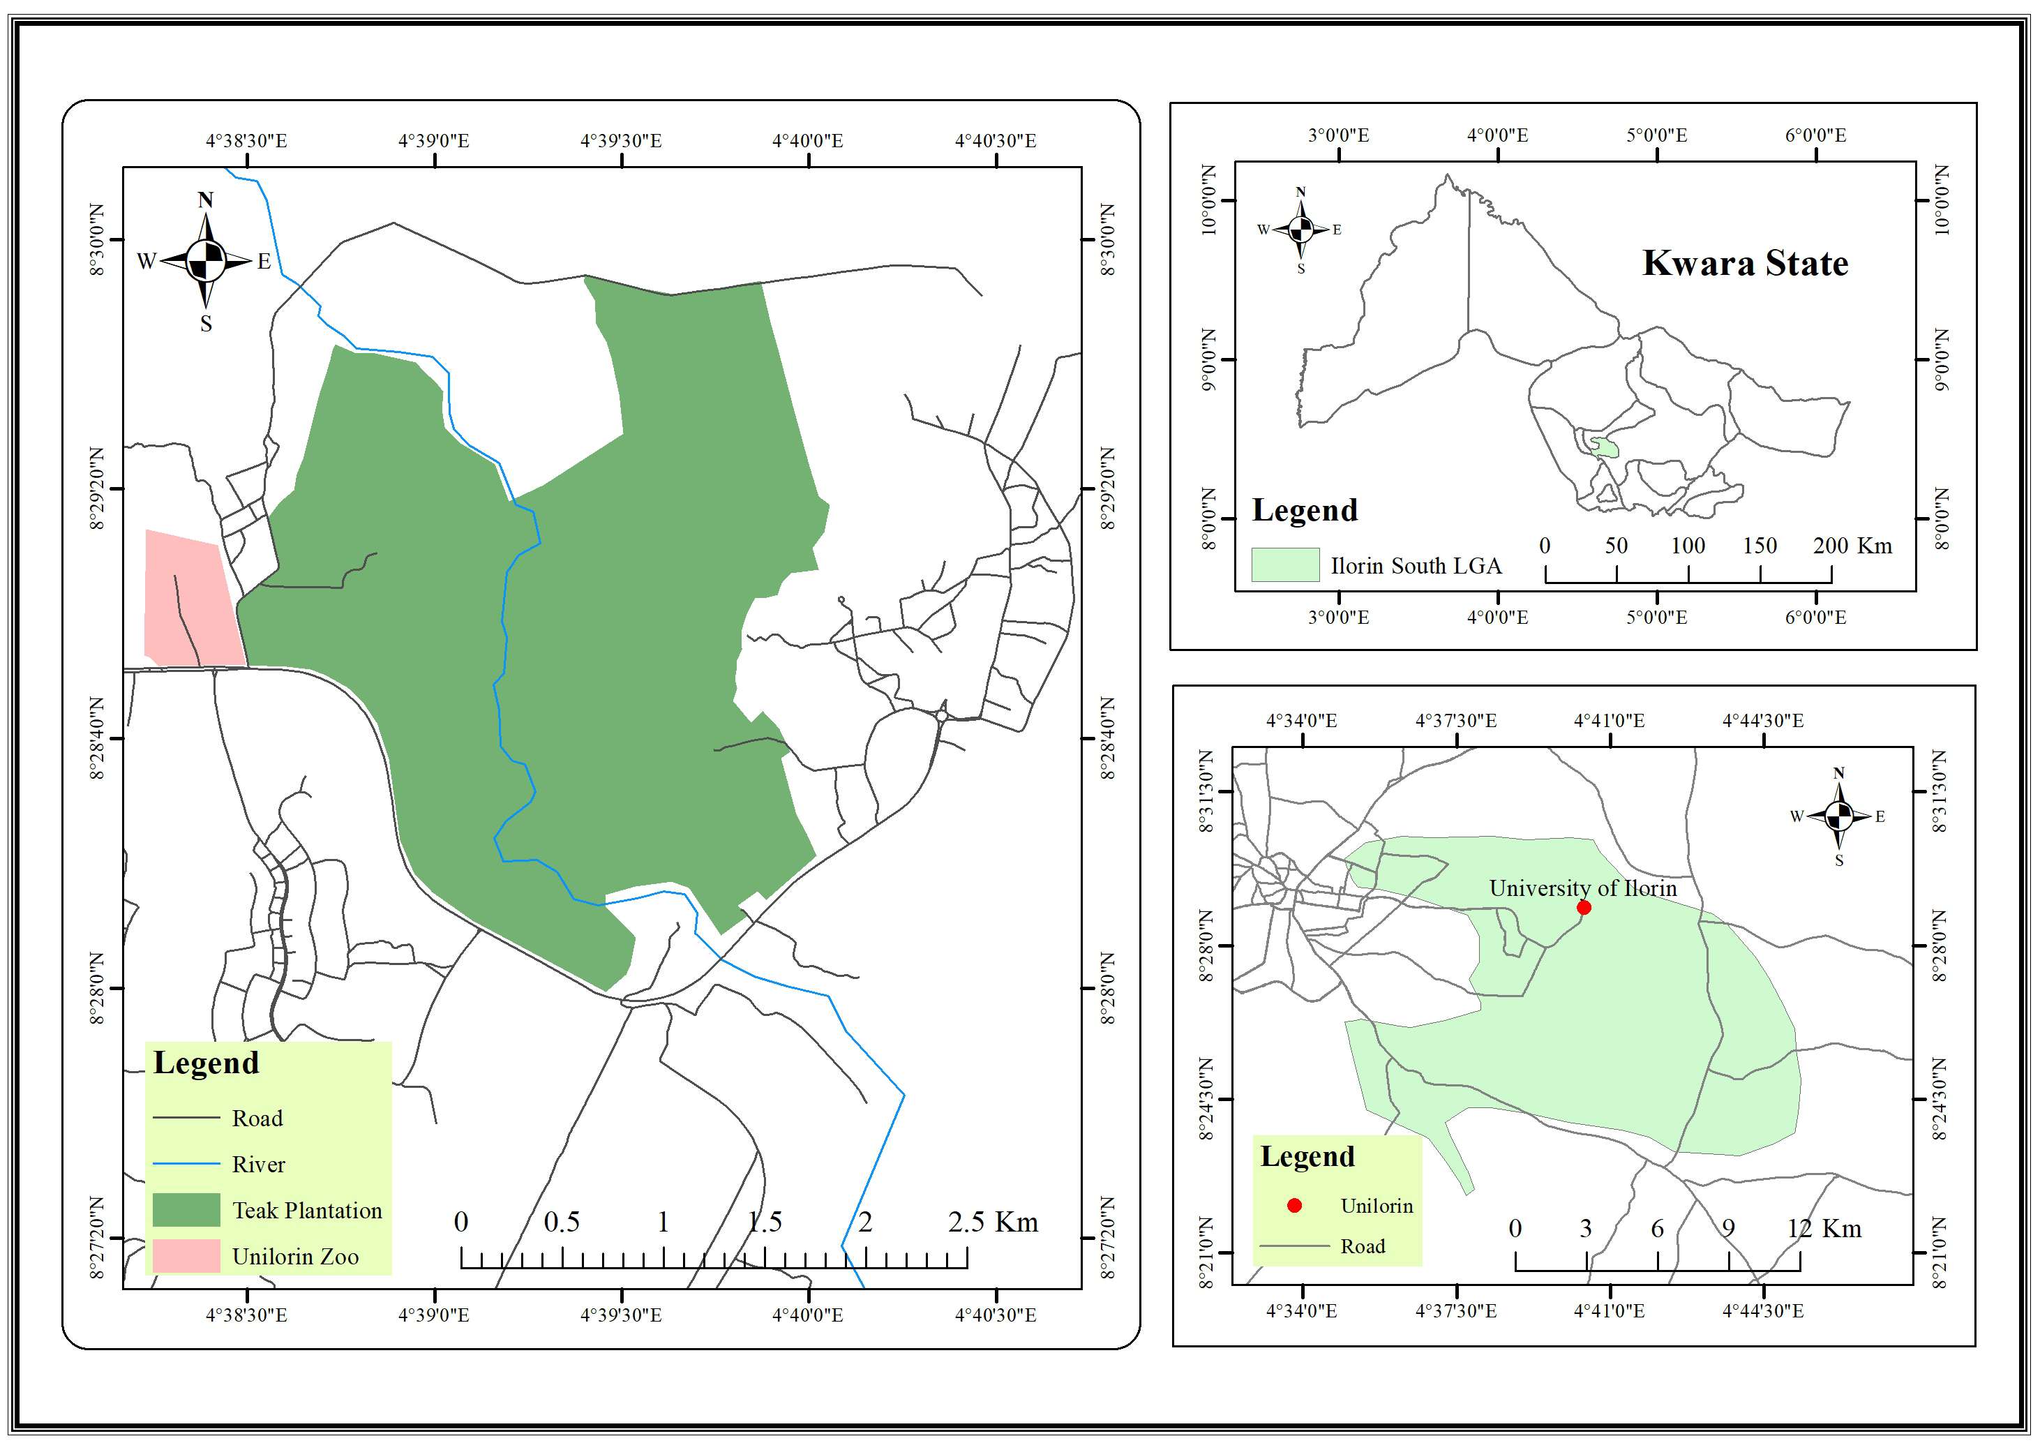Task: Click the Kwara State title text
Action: click(1744, 263)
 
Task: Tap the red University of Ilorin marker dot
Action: click(1583, 907)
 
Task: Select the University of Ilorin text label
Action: click(1582, 888)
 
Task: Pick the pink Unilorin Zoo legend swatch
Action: click(186, 1255)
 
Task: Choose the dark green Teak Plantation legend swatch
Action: click(186, 1209)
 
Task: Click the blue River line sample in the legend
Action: click(186, 1163)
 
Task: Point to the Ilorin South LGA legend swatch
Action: click(1285, 565)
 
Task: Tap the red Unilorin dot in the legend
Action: click(1295, 1206)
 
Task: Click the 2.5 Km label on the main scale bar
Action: click(993, 1223)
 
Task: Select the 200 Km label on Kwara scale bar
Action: click(1852, 546)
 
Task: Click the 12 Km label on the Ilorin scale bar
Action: click(1823, 1229)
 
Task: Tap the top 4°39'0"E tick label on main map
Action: click(433, 140)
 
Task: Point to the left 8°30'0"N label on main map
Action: click(98, 240)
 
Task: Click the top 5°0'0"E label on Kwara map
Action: click(1656, 135)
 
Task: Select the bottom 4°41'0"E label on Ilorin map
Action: click(1609, 1310)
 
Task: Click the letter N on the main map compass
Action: click(205, 200)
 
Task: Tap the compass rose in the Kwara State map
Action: click(1300, 230)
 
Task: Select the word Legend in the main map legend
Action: click(206, 1063)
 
